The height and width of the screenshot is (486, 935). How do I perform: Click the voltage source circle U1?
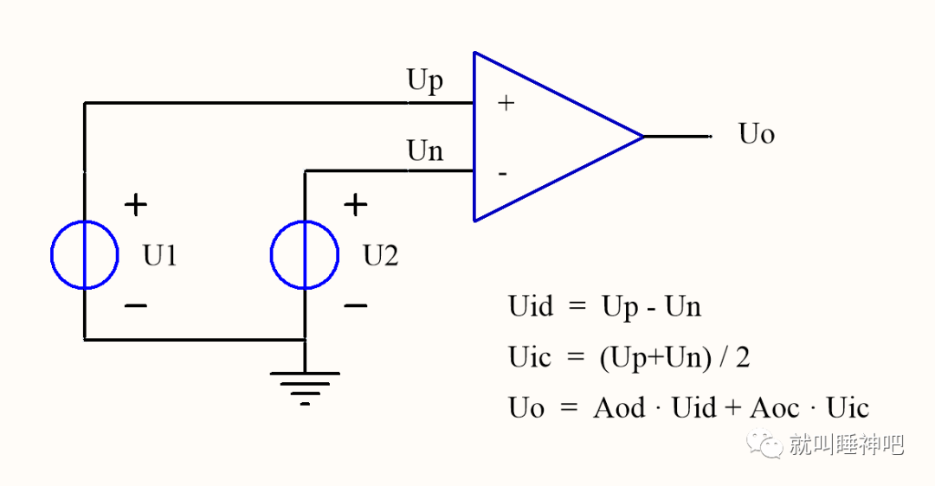point(84,254)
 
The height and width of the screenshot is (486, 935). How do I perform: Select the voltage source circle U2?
point(304,254)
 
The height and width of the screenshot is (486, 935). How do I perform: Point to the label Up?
point(425,80)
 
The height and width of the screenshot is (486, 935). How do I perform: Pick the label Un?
point(425,151)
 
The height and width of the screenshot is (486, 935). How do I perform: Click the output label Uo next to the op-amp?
point(756,134)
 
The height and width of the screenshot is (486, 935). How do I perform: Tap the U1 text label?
point(160,256)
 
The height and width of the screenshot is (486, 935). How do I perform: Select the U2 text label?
point(381,256)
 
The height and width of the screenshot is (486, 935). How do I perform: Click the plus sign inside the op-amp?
point(506,104)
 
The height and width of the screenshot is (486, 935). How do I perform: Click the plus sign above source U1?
point(135,205)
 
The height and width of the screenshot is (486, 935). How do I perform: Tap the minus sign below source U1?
point(135,305)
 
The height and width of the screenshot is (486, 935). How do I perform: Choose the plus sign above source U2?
point(355,205)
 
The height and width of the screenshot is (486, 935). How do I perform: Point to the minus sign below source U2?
point(355,305)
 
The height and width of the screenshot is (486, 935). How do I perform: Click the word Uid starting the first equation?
point(530,307)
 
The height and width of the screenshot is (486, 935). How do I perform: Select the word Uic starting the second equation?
point(529,357)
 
